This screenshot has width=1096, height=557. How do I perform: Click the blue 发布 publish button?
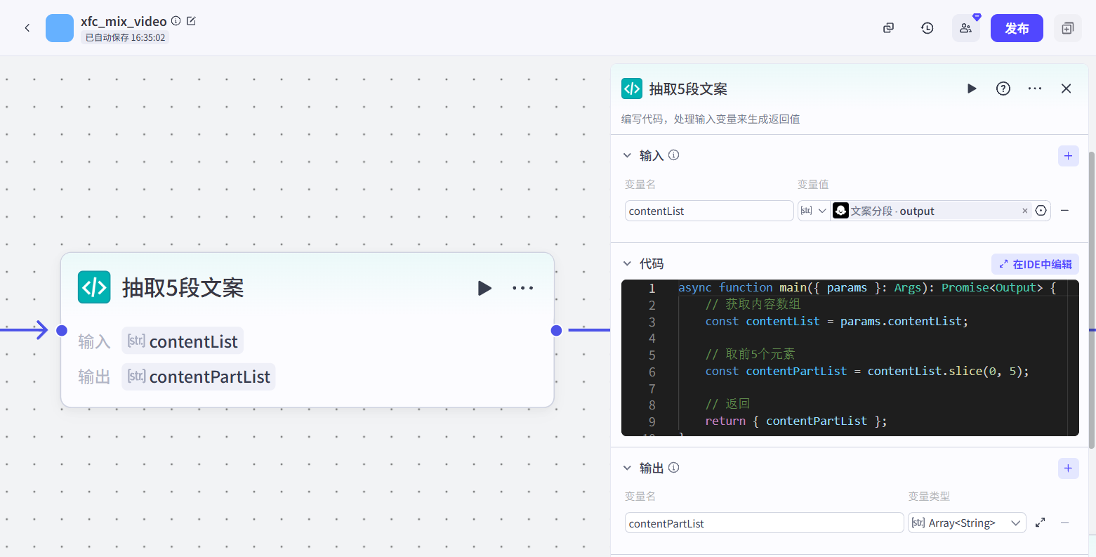click(1016, 28)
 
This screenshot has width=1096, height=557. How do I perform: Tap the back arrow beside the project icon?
click(27, 28)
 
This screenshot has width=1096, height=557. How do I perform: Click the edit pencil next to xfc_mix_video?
click(191, 21)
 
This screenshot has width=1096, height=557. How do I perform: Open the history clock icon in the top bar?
click(927, 28)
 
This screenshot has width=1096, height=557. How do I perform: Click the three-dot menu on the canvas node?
click(522, 288)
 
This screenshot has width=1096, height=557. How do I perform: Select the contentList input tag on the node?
click(183, 341)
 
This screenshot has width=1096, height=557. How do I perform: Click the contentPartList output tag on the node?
click(199, 376)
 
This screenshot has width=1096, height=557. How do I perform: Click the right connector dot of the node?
click(556, 330)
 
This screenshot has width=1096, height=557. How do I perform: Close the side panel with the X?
click(1066, 89)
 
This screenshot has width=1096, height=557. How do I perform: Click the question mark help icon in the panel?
click(1003, 89)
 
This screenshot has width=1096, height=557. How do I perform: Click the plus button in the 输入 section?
click(1068, 156)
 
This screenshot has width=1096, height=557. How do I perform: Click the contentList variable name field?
click(708, 211)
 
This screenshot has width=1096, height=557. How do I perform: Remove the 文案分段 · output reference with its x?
click(1024, 211)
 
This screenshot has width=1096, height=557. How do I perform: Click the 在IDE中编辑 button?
click(1035, 264)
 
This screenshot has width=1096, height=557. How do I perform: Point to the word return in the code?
click(725, 421)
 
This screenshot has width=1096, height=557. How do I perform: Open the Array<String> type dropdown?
click(967, 523)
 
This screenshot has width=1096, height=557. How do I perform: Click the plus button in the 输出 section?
click(1068, 468)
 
